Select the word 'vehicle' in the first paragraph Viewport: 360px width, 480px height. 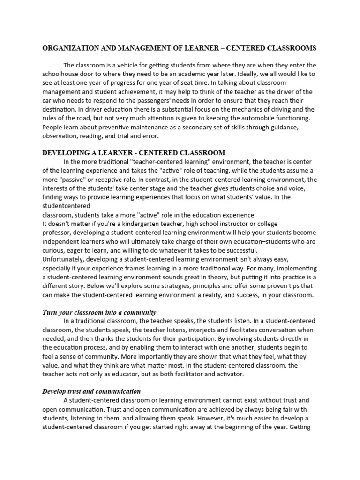121,65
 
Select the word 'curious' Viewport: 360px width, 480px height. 54,250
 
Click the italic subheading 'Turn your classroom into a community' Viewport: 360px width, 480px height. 99,312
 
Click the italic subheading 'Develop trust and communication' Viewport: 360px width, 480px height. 91,391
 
